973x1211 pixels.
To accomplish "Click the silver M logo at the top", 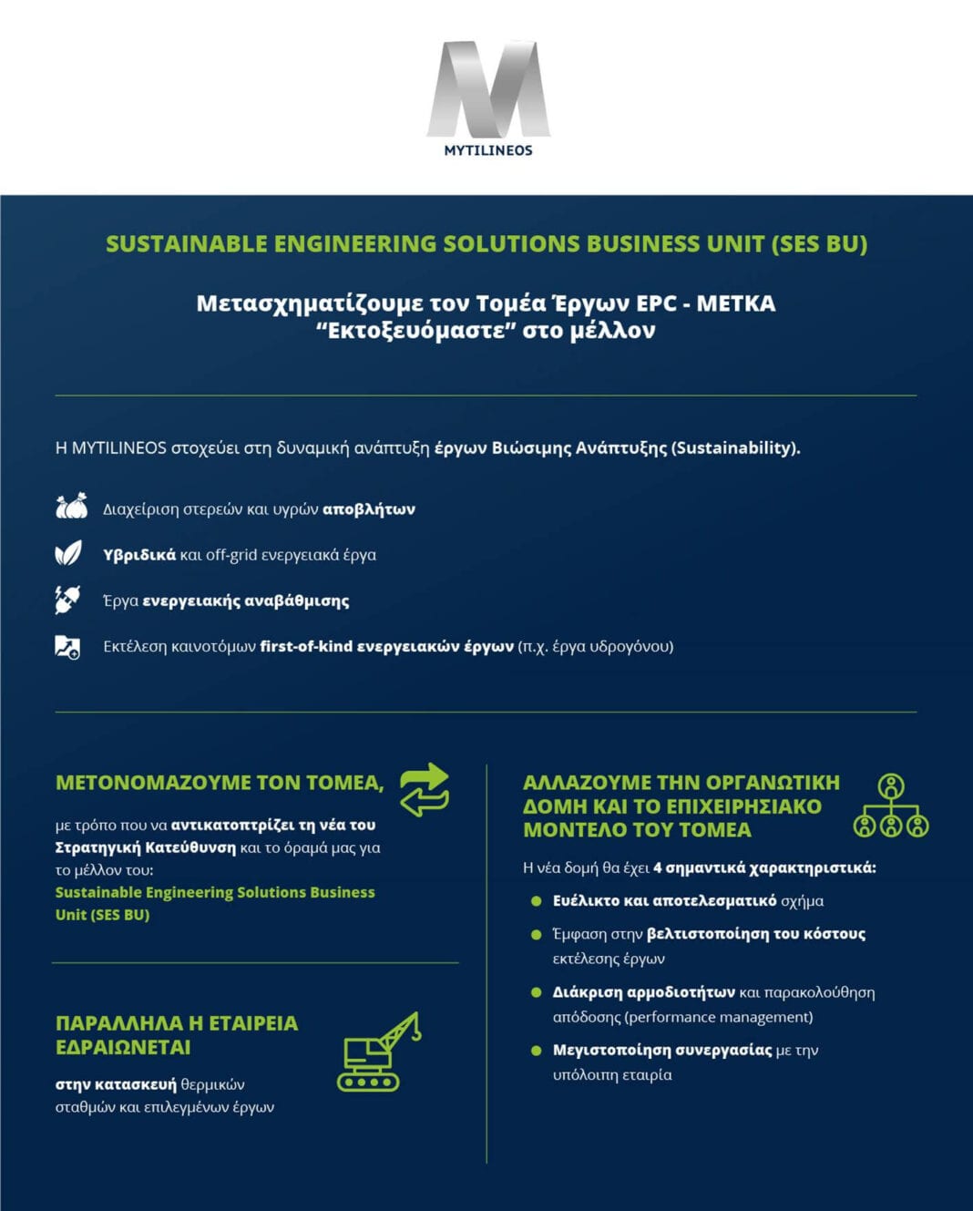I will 488,89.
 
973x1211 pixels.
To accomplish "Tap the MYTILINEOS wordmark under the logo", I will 488,150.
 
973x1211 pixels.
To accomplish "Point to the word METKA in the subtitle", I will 735,303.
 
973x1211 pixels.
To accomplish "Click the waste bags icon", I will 71,507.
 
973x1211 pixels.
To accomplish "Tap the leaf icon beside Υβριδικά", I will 68,553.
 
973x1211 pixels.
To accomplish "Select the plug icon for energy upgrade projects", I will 67,600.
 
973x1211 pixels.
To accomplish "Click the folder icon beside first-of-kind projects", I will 67,647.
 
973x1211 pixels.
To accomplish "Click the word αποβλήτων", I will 369,509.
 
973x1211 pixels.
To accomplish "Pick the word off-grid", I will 230,555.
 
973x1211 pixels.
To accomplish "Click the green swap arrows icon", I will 425,789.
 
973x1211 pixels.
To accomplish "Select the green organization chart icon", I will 890,806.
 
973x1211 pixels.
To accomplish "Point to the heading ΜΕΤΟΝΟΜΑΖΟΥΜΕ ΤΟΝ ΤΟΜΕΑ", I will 219,783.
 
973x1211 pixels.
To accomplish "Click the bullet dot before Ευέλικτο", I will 537,901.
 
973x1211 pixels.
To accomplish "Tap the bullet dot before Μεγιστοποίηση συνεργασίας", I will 537,1051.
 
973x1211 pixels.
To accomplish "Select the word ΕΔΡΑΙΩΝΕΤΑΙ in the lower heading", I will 123,1048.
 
